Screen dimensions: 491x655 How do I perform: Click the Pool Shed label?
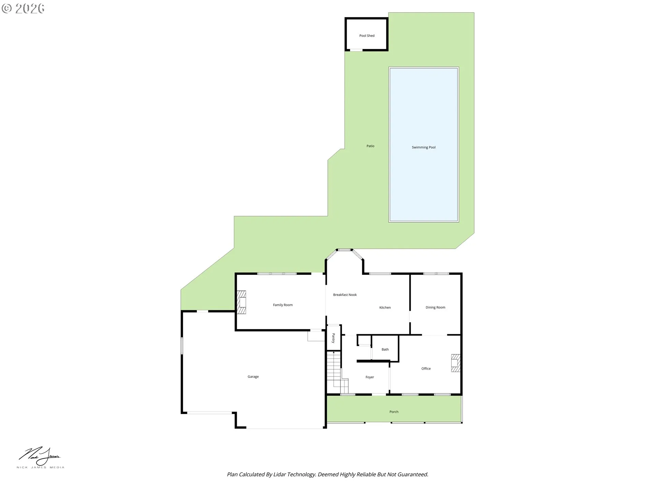pos(367,36)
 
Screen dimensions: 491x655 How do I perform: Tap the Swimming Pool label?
pos(423,147)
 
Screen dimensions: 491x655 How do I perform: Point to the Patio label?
pos(370,146)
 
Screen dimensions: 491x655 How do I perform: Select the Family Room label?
pos(282,305)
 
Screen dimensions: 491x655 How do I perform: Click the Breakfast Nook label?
pos(345,295)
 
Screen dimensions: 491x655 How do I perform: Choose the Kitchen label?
pos(385,308)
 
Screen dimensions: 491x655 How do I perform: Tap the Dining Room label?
pos(435,307)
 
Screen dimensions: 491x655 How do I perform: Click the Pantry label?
pos(333,338)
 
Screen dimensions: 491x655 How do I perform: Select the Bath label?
pos(385,349)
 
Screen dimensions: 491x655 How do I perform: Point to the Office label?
pos(426,369)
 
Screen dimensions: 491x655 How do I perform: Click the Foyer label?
pos(369,377)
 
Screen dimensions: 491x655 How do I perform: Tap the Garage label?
pos(253,377)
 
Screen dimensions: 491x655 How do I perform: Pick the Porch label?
pos(394,412)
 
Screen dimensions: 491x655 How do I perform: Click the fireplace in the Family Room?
pos(242,302)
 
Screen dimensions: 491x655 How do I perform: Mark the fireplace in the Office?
pos(455,363)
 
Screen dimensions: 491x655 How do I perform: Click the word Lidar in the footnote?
pos(280,474)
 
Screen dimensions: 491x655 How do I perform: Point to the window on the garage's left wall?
pos(182,346)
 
